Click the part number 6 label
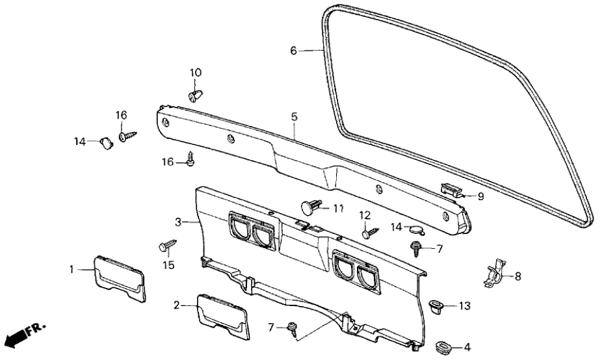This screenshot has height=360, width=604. pyautogui.click(x=293, y=50)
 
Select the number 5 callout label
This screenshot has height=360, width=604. pyautogui.click(x=294, y=117)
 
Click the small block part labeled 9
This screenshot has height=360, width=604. pyautogui.click(x=451, y=189)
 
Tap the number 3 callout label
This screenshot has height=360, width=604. pyautogui.click(x=177, y=222)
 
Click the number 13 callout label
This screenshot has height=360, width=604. pyautogui.click(x=464, y=305)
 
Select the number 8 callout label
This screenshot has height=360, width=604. pyautogui.click(x=518, y=276)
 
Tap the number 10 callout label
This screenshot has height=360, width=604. pyautogui.click(x=196, y=71)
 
